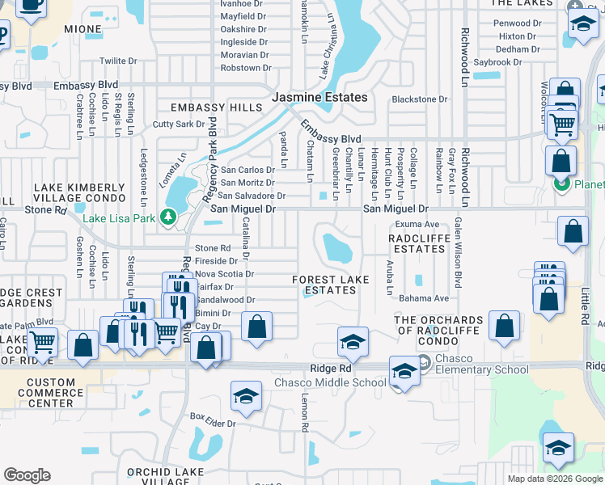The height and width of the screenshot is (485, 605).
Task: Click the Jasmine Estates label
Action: coord(319,97)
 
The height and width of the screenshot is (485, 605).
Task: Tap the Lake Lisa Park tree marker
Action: coord(168,217)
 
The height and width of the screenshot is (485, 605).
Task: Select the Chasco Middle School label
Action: coord(330,382)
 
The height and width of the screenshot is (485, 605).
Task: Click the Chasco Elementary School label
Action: coord(482,364)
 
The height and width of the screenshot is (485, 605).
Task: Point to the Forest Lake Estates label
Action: coord(330,285)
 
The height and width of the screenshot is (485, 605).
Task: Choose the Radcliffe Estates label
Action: coord(417,243)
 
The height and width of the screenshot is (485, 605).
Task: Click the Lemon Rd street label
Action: coord(305,413)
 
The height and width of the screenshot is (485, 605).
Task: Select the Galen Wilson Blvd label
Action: coord(457,253)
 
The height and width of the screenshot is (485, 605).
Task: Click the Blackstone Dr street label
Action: coord(419,99)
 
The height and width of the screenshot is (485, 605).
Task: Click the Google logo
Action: coord(27,475)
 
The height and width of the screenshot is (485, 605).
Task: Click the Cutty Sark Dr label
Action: coord(179,124)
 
